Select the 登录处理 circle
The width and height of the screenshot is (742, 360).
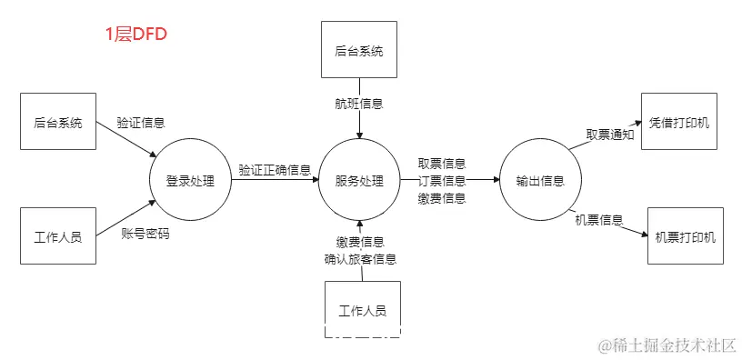click(x=190, y=180)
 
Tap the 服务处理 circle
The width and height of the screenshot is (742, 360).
click(x=360, y=180)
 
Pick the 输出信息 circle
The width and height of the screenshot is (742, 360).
click(x=539, y=180)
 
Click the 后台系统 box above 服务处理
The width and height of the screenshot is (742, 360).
click(x=360, y=49)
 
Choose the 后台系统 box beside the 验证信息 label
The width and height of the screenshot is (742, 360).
click(x=57, y=121)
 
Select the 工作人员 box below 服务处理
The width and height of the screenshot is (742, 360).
click(x=362, y=309)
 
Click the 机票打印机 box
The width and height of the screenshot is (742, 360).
click(x=685, y=236)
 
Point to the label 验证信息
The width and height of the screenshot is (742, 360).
click(x=140, y=122)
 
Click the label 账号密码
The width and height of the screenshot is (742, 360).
click(x=145, y=234)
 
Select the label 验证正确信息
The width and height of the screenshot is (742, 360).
click(x=274, y=170)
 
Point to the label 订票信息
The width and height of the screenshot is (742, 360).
click(x=442, y=181)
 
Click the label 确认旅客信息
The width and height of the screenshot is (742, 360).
click(x=360, y=259)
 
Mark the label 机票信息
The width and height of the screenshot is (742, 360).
click(x=599, y=219)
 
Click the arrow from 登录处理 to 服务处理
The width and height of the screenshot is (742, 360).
click(x=273, y=181)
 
